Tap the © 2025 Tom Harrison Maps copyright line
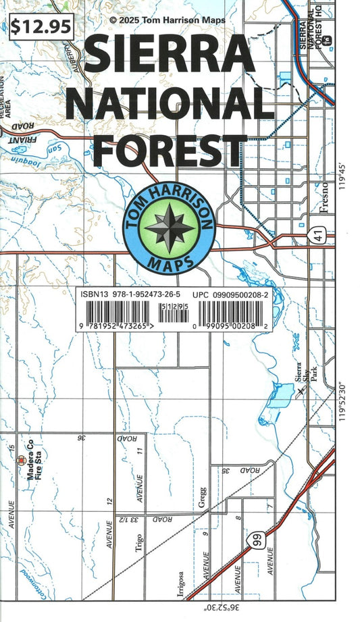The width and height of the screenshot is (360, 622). [168, 21]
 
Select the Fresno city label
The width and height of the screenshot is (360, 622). [325, 197]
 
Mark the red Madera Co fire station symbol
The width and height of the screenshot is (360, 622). [21, 462]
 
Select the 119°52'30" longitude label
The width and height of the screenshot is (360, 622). [351, 400]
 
